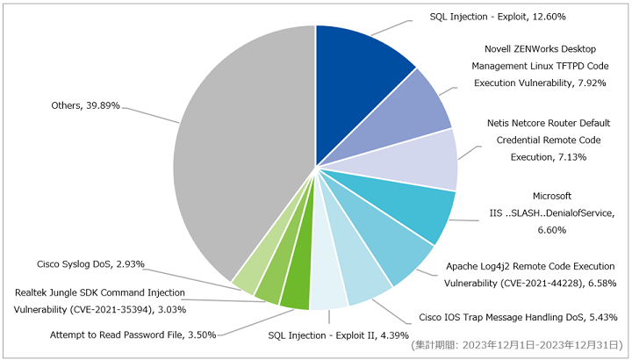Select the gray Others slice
point(242,153)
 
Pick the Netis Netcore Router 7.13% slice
point(415,162)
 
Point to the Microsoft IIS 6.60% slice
point(407,202)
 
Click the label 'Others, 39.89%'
point(85,105)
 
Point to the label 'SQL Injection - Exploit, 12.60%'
point(498,17)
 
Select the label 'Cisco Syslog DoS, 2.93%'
point(90,264)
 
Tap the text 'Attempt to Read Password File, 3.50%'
point(133,335)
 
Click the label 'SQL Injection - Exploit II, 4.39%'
point(339,335)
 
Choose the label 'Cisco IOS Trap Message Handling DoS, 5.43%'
point(519,317)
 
